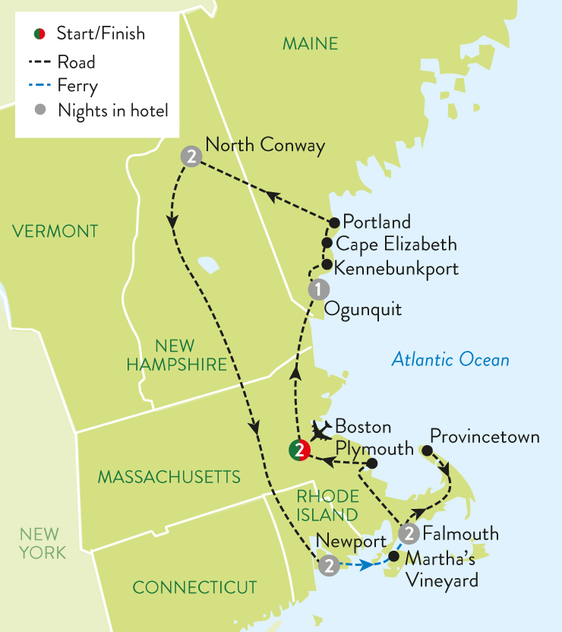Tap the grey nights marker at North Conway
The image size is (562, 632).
(x=191, y=157)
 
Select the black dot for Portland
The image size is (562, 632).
(x=333, y=223)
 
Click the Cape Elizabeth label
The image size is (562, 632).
(x=396, y=244)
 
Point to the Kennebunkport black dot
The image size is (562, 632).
(x=326, y=266)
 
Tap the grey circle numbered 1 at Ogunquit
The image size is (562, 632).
(x=319, y=289)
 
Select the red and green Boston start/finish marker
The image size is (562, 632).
(x=298, y=450)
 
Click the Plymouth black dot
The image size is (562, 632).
(x=372, y=463)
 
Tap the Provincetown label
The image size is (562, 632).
(x=485, y=437)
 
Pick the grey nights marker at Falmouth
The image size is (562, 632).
(x=409, y=532)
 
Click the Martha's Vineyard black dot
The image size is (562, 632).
(x=393, y=556)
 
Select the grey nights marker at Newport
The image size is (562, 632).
(x=328, y=565)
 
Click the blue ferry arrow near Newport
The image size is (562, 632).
(x=367, y=565)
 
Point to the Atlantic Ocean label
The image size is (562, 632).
(x=450, y=359)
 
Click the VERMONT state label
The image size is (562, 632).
(x=55, y=231)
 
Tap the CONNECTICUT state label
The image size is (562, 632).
(x=194, y=587)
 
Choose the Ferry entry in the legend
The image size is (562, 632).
(x=77, y=86)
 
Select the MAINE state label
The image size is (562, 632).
(x=310, y=44)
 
